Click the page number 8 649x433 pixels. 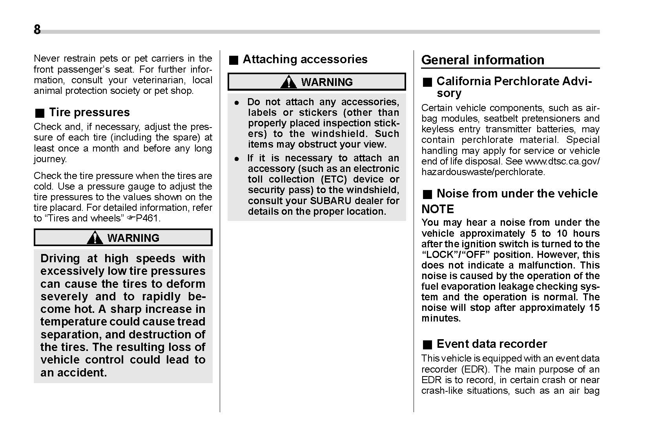(x=37, y=30)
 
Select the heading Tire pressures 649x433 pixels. (x=89, y=112)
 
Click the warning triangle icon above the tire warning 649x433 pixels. (x=95, y=238)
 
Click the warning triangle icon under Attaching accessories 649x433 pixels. (x=289, y=82)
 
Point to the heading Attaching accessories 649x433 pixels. (x=305, y=59)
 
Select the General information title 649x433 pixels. (x=483, y=60)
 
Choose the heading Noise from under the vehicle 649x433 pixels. (x=517, y=194)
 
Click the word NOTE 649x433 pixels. (x=438, y=209)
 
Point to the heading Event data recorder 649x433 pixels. (x=491, y=344)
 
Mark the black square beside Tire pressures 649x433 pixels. (x=40, y=113)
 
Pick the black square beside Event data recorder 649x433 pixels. (x=427, y=345)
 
